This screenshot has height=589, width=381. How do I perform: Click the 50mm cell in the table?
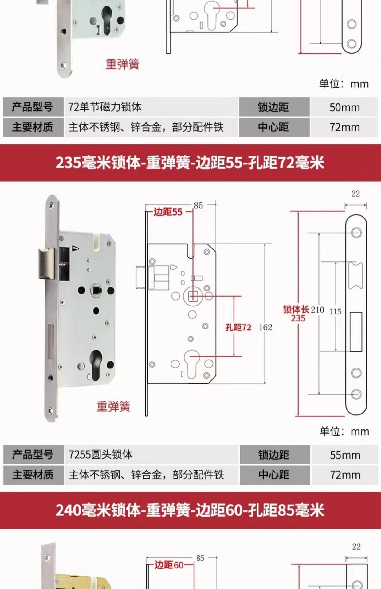pos(344,107)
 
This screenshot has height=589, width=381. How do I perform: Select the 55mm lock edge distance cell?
pos(345,455)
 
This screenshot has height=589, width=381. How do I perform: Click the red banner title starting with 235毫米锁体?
pos(190,162)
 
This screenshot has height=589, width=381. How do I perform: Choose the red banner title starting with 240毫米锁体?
pos(190,510)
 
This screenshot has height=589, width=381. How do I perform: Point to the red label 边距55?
pos(168,212)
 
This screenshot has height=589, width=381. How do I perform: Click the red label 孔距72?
pos(238,327)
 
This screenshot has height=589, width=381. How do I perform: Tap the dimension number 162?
pos(265,327)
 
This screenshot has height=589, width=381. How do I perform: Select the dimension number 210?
pos(317,310)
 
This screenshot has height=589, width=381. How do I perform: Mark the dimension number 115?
pos(335,312)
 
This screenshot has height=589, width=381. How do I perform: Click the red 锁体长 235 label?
pos(297,314)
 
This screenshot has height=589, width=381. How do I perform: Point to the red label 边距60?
pos(169,565)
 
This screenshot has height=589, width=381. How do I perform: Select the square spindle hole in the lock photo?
pos(96,290)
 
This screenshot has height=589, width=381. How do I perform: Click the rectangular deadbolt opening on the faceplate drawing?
pos(356,332)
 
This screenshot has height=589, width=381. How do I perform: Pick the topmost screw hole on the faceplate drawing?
pos(356,233)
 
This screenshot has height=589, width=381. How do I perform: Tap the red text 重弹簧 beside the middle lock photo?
pos(113,406)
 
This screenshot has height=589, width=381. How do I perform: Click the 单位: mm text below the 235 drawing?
pos(344,432)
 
